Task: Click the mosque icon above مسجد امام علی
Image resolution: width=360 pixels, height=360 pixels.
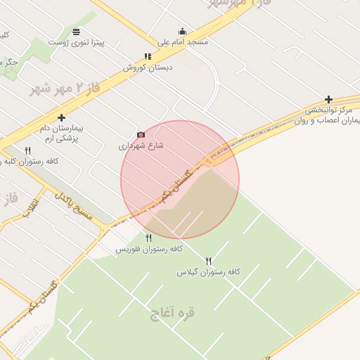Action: [x=183, y=31]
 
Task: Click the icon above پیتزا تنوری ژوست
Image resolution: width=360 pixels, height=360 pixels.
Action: [x=76, y=32]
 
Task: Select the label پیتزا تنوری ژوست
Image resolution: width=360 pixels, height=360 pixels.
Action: [x=76, y=42]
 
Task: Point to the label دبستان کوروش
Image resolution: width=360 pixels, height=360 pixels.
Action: [x=148, y=67]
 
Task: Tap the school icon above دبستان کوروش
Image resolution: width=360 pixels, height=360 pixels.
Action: [x=148, y=57]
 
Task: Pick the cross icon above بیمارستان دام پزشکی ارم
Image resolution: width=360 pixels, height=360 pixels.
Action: [x=62, y=117]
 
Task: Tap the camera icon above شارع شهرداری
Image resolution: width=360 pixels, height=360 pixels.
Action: [x=141, y=134]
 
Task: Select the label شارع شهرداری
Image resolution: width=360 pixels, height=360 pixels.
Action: [x=141, y=146]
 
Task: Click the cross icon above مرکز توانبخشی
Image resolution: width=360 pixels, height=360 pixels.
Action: [x=328, y=99]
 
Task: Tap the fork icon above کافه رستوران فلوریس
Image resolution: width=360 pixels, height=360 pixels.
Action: [x=148, y=238]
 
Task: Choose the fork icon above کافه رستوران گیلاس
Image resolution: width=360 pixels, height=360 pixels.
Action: [x=208, y=261]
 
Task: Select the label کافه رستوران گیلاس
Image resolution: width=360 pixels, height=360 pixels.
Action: [x=209, y=271]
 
